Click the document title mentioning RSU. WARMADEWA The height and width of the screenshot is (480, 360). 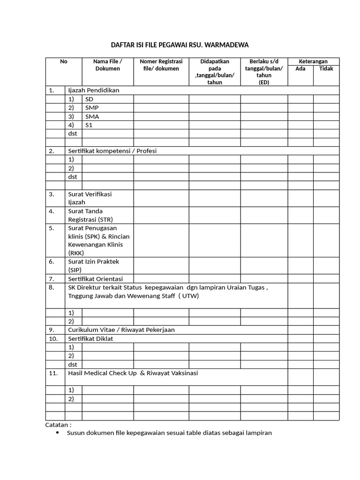(x=180, y=45)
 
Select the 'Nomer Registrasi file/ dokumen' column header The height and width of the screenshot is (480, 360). (x=161, y=65)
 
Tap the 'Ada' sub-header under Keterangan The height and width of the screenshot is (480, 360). (x=300, y=68)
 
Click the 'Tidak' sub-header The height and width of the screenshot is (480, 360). (x=326, y=68)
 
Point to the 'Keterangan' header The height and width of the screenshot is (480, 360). (x=313, y=61)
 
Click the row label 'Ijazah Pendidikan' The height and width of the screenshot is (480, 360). (x=94, y=90)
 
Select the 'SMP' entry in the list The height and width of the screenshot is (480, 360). (x=92, y=107)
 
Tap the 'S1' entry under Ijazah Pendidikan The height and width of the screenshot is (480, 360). (x=89, y=125)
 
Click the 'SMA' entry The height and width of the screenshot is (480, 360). (x=92, y=116)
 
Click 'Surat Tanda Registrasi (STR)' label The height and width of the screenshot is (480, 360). (x=90, y=215)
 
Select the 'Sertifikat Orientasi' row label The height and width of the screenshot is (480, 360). (x=95, y=278)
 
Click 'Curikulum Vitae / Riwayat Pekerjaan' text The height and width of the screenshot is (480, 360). (x=121, y=330)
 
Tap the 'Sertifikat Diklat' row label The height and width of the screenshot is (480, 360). (x=90, y=338)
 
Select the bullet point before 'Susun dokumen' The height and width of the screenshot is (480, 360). (x=58, y=433)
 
